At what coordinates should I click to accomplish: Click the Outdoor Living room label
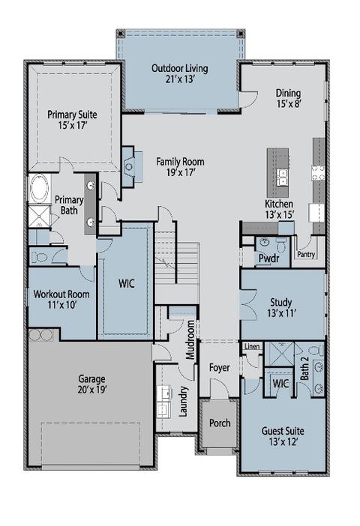click(179, 73)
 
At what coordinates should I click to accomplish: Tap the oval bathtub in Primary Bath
click(38, 188)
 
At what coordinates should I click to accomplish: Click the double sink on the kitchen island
click(282, 177)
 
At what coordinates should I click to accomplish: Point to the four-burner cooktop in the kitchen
click(318, 173)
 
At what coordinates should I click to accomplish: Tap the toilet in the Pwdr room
click(280, 245)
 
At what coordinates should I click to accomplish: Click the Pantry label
click(306, 255)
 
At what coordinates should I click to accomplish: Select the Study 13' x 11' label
click(280, 308)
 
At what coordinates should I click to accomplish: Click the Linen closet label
click(252, 346)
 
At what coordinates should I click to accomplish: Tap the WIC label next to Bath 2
click(280, 384)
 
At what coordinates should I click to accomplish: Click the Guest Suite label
click(282, 437)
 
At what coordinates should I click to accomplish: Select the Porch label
click(219, 423)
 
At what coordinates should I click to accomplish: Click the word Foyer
click(219, 367)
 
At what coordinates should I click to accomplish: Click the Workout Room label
click(61, 300)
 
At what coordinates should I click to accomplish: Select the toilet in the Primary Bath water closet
click(40, 256)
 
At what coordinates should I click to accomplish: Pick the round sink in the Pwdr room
click(265, 243)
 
